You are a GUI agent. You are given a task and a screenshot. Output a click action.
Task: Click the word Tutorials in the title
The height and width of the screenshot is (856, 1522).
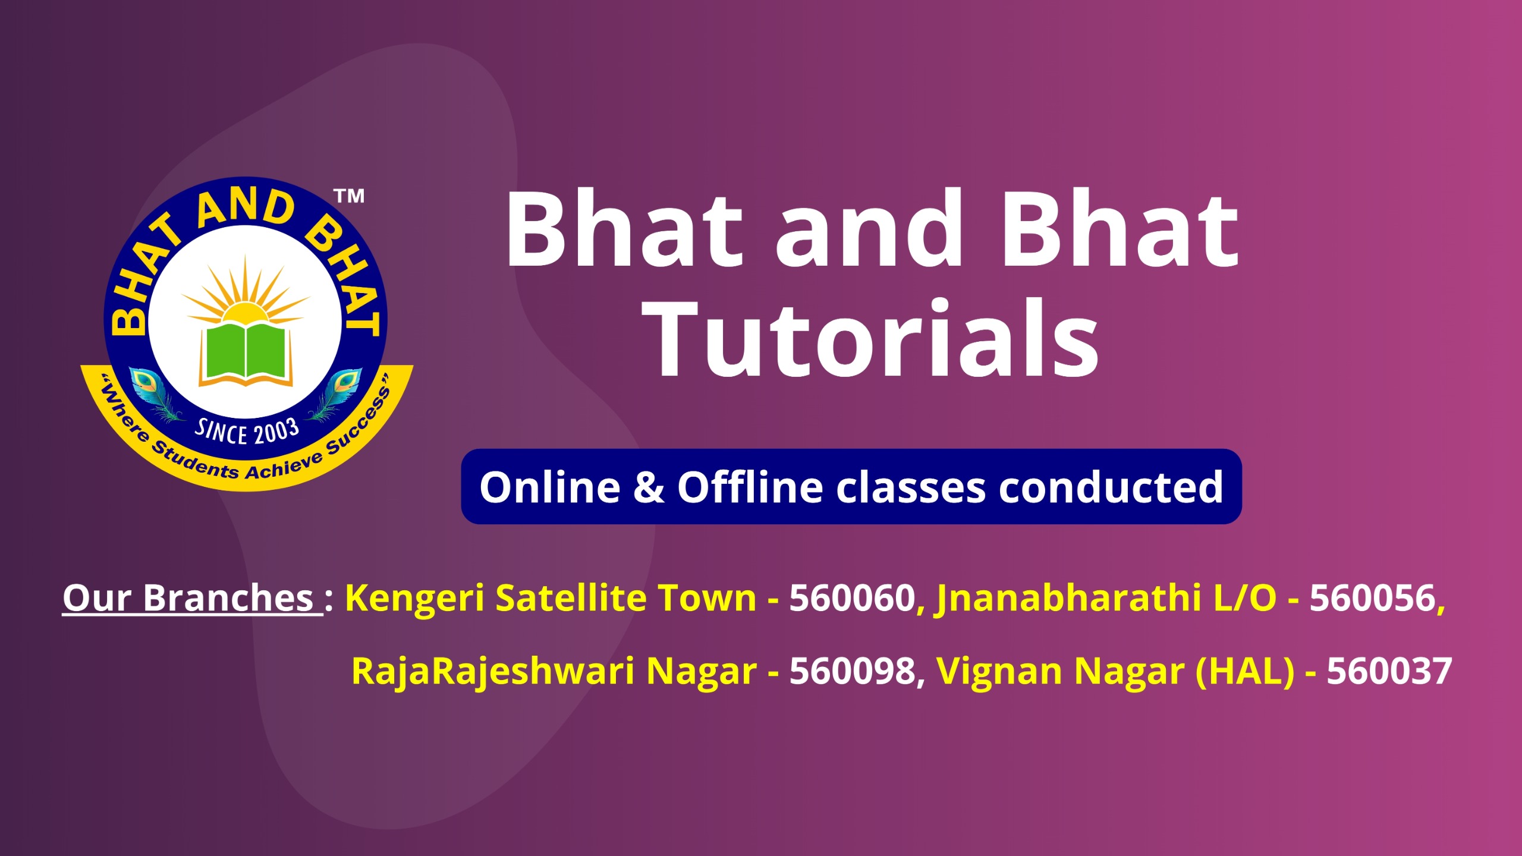click(871, 337)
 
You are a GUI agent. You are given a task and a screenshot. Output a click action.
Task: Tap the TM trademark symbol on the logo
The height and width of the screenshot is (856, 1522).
click(349, 196)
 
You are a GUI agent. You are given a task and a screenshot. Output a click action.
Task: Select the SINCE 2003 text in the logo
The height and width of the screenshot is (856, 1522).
click(247, 431)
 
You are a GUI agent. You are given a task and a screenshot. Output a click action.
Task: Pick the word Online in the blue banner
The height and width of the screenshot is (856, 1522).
click(550, 487)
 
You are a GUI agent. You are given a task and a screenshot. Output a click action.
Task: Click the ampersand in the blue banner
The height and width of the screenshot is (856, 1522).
click(649, 487)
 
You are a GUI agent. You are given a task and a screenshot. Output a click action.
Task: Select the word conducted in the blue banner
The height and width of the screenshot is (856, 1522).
click(1111, 487)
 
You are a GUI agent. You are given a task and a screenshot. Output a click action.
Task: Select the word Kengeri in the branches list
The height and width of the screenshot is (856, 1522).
click(415, 598)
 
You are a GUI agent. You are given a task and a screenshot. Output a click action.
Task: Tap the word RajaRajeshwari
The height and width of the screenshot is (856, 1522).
click(493, 672)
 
